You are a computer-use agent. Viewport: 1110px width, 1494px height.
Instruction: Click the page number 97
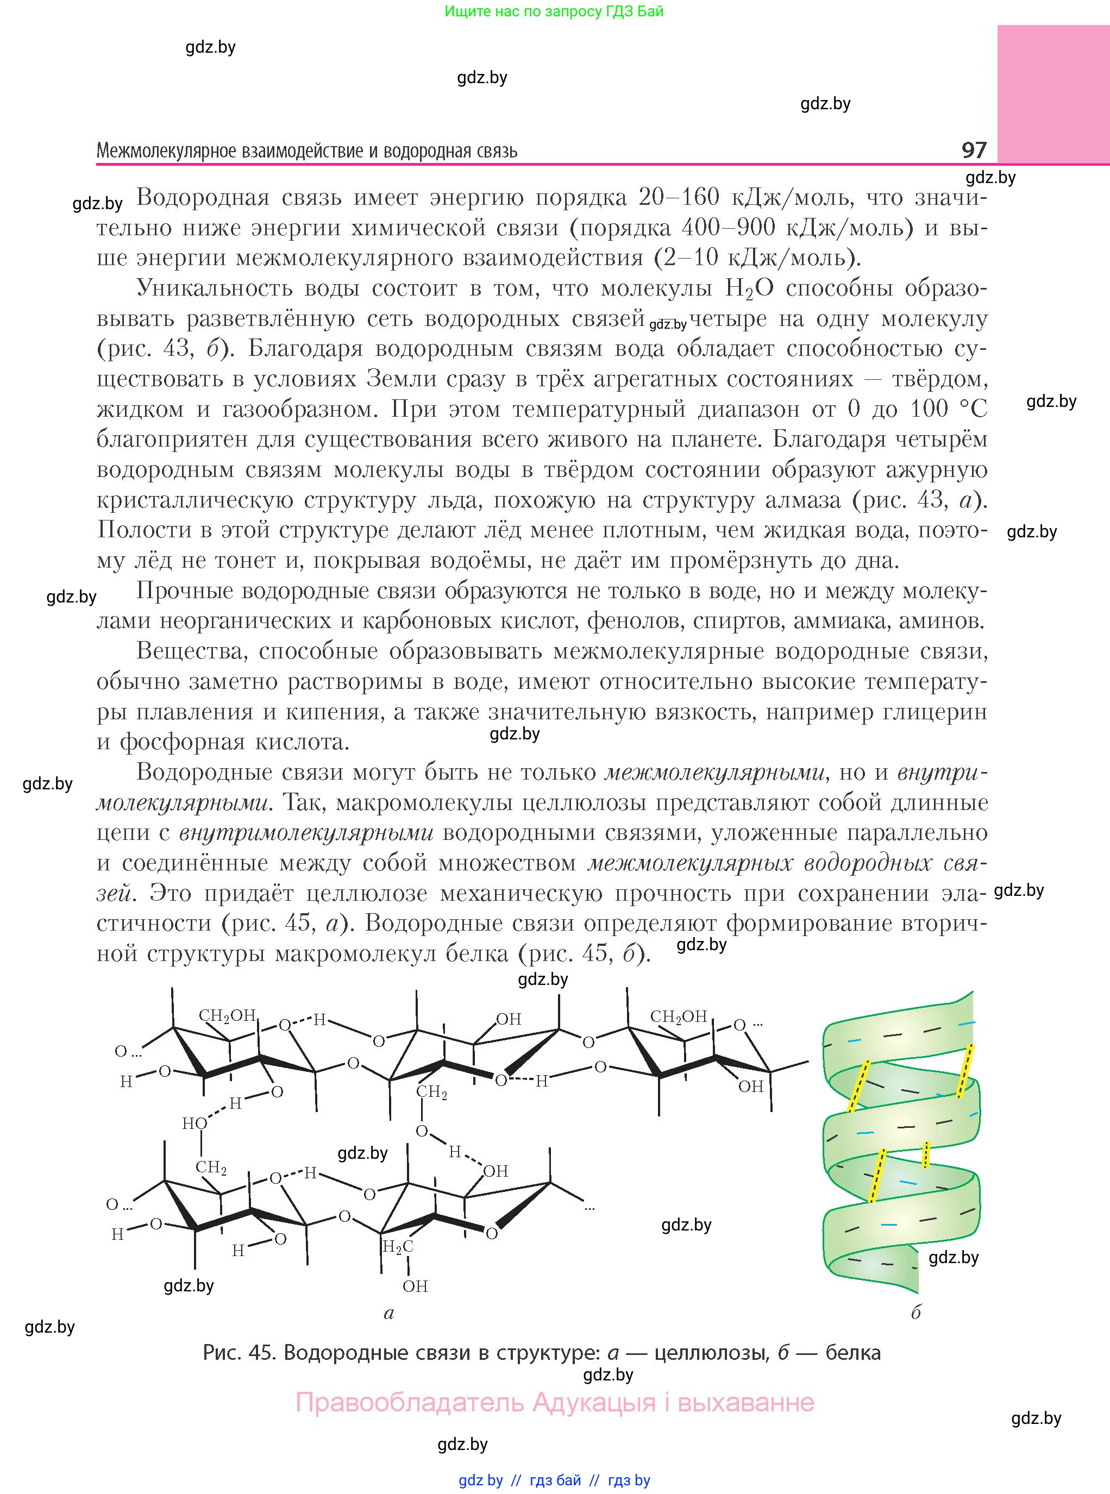[x=974, y=149]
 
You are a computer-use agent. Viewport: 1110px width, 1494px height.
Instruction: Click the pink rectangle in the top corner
[x=1053, y=94]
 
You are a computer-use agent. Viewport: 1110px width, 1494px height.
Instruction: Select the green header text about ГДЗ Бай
[x=554, y=11]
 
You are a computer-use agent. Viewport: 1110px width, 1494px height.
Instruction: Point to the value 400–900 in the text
[x=719, y=228]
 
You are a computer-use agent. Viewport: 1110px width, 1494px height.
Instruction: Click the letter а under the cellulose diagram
[x=388, y=1313]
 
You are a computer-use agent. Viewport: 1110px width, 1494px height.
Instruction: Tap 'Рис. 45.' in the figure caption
[x=239, y=1352]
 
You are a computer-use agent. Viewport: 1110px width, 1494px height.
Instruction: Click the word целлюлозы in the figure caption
[x=712, y=1352]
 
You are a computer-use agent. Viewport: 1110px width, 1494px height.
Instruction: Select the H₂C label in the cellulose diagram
[x=397, y=1247]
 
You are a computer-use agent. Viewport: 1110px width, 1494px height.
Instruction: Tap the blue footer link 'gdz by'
[x=480, y=1480]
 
